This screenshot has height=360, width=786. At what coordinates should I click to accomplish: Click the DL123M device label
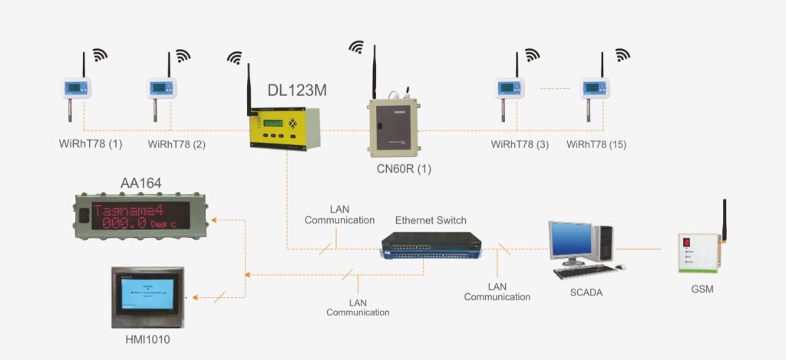pyautogui.click(x=297, y=90)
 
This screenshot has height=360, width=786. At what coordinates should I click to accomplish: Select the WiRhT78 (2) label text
pyautogui.click(x=177, y=144)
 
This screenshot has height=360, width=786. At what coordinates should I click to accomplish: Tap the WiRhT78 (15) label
pyautogui.click(x=596, y=144)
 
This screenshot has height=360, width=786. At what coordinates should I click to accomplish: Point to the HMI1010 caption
pyautogui.click(x=147, y=339)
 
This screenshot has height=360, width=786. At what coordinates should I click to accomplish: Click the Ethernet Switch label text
pyautogui.click(x=431, y=220)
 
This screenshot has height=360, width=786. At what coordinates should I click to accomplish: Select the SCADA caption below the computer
pyautogui.click(x=586, y=291)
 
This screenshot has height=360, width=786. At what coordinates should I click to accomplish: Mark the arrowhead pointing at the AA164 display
pyautogui.click(x=214, y=220)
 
